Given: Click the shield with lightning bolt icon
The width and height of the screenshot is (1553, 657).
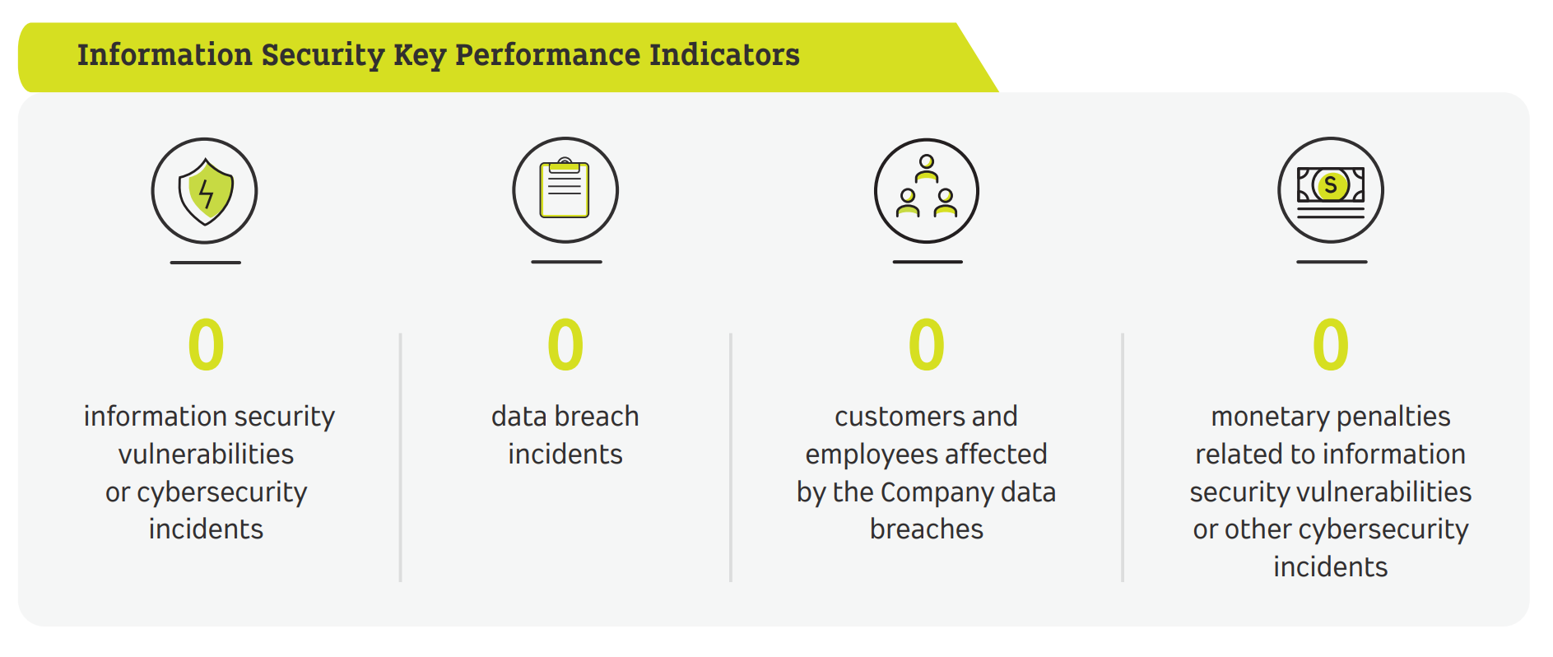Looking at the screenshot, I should tap(205, 191).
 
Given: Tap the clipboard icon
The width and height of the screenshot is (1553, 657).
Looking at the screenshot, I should tap(565, 190).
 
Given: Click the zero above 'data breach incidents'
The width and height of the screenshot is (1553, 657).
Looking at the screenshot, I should tap(565, 345).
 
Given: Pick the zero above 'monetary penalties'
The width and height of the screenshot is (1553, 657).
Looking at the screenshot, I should tap(1330, 345).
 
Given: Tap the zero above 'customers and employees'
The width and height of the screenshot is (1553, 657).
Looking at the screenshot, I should tap(926, 345).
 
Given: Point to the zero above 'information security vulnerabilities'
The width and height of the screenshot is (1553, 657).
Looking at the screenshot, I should tap(206, 345).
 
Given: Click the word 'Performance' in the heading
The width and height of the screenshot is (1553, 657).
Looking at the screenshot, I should tap(547, 54).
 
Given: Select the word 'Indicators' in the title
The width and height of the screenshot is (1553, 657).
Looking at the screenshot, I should tap(724, 54).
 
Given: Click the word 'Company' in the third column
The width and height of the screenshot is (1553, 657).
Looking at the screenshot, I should tap(937, 492).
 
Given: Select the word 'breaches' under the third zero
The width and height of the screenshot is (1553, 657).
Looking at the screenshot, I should tap(926, 529).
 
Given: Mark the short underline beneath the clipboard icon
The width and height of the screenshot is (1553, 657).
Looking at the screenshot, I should tap(566, 262).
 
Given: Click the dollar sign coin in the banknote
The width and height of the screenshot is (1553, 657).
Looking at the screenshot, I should tap(1330, 185).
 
